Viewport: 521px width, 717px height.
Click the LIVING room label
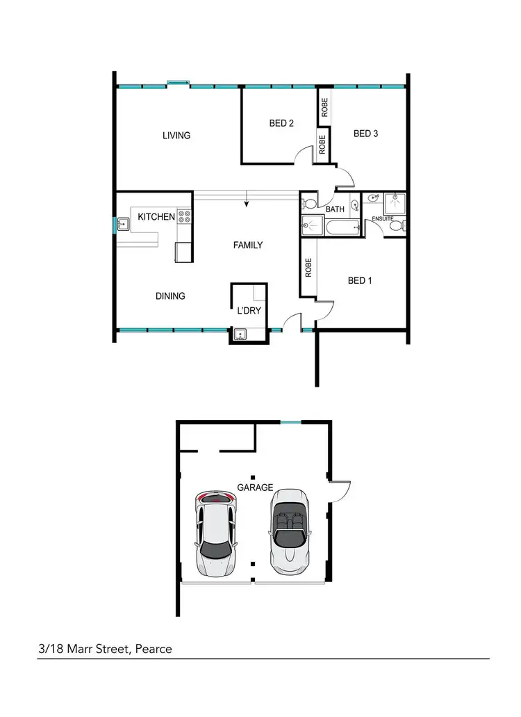[176, 135]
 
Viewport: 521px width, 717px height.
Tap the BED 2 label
[281, 123]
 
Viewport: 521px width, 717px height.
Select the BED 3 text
[365, 134]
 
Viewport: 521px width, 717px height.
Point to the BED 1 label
[360, 281]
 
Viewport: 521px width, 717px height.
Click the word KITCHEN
[156, 217]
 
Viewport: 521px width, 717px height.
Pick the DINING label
[170, 296]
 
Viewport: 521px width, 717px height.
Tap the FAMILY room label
[247, 245]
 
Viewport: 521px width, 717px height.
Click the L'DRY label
[249, 310]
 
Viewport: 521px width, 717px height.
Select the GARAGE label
[255, 488]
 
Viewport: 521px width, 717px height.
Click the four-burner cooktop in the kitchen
[184, 217]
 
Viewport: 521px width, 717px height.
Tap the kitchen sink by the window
[124, 224]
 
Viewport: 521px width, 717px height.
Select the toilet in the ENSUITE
[397, 225]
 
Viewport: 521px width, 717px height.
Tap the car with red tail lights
[215, 533]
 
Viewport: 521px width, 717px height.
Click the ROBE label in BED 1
[308, 268]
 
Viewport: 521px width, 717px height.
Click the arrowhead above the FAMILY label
[246, 204]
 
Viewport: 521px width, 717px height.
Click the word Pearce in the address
[154, 649]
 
